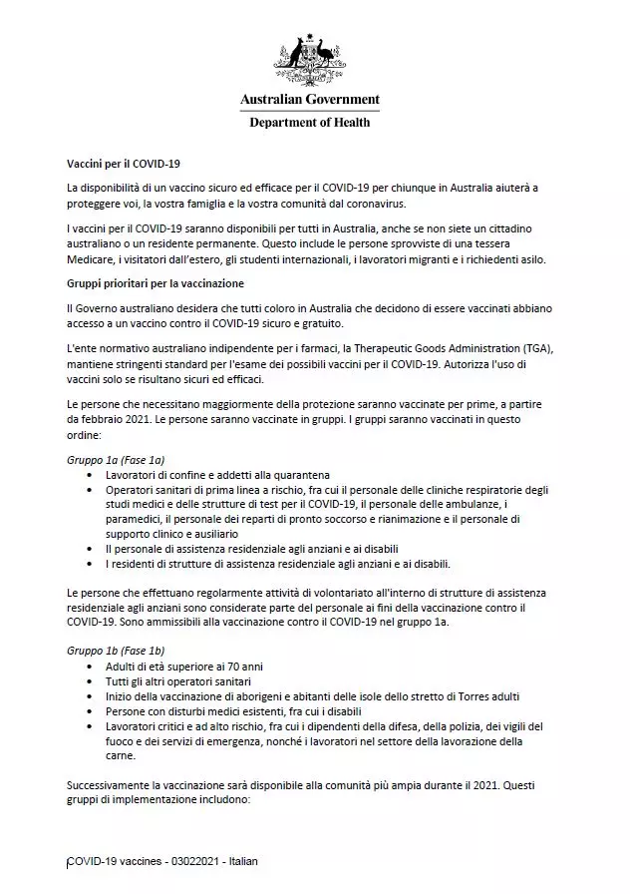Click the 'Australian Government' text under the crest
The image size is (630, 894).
pyautogui.click(x=309, y=100)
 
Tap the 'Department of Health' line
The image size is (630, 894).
pyautogui.click(x=309, y=123)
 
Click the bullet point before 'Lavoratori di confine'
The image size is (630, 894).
pyautogui.click(x=91, y=476)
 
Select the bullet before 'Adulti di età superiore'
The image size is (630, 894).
pyautogui.click(x=91, y=666)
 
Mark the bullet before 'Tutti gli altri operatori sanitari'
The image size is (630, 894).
pyautogui.click(x=91, y=680)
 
